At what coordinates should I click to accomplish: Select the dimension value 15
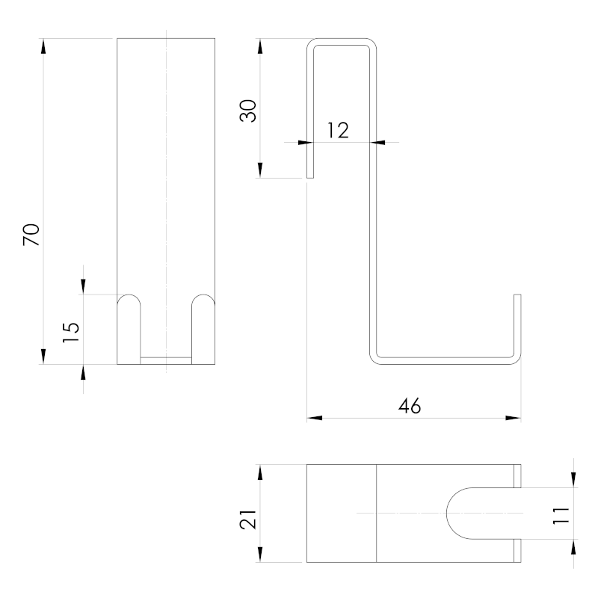coord(70,331)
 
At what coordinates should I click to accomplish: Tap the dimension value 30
coord(249,110)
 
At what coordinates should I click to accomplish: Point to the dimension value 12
coord(338,130)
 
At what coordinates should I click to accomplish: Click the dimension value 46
coord(410,406)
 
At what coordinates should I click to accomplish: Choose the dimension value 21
coord(249,514)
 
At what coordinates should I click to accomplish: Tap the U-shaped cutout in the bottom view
coord(478,513)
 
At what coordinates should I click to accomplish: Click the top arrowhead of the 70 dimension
coord(43,45)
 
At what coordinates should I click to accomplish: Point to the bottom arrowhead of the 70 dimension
coord(43,357)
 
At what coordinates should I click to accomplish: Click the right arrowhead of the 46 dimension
coord(514,418)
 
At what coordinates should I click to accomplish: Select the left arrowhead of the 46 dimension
coord(314,418)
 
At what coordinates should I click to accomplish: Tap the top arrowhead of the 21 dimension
coord(259,472)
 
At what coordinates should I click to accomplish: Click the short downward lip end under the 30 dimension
coord(310,176)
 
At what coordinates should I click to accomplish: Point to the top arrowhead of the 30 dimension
coord(259,45)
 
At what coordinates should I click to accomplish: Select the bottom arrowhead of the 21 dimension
coord(259,556)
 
